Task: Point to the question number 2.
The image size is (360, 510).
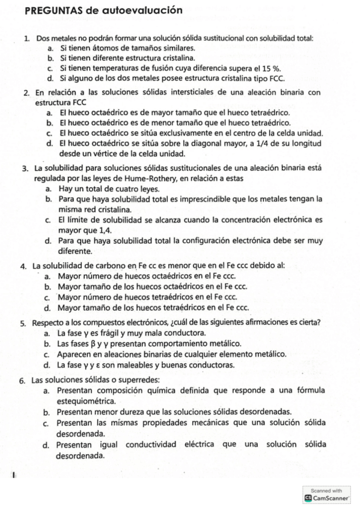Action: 27,93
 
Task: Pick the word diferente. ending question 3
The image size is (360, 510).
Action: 75,251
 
